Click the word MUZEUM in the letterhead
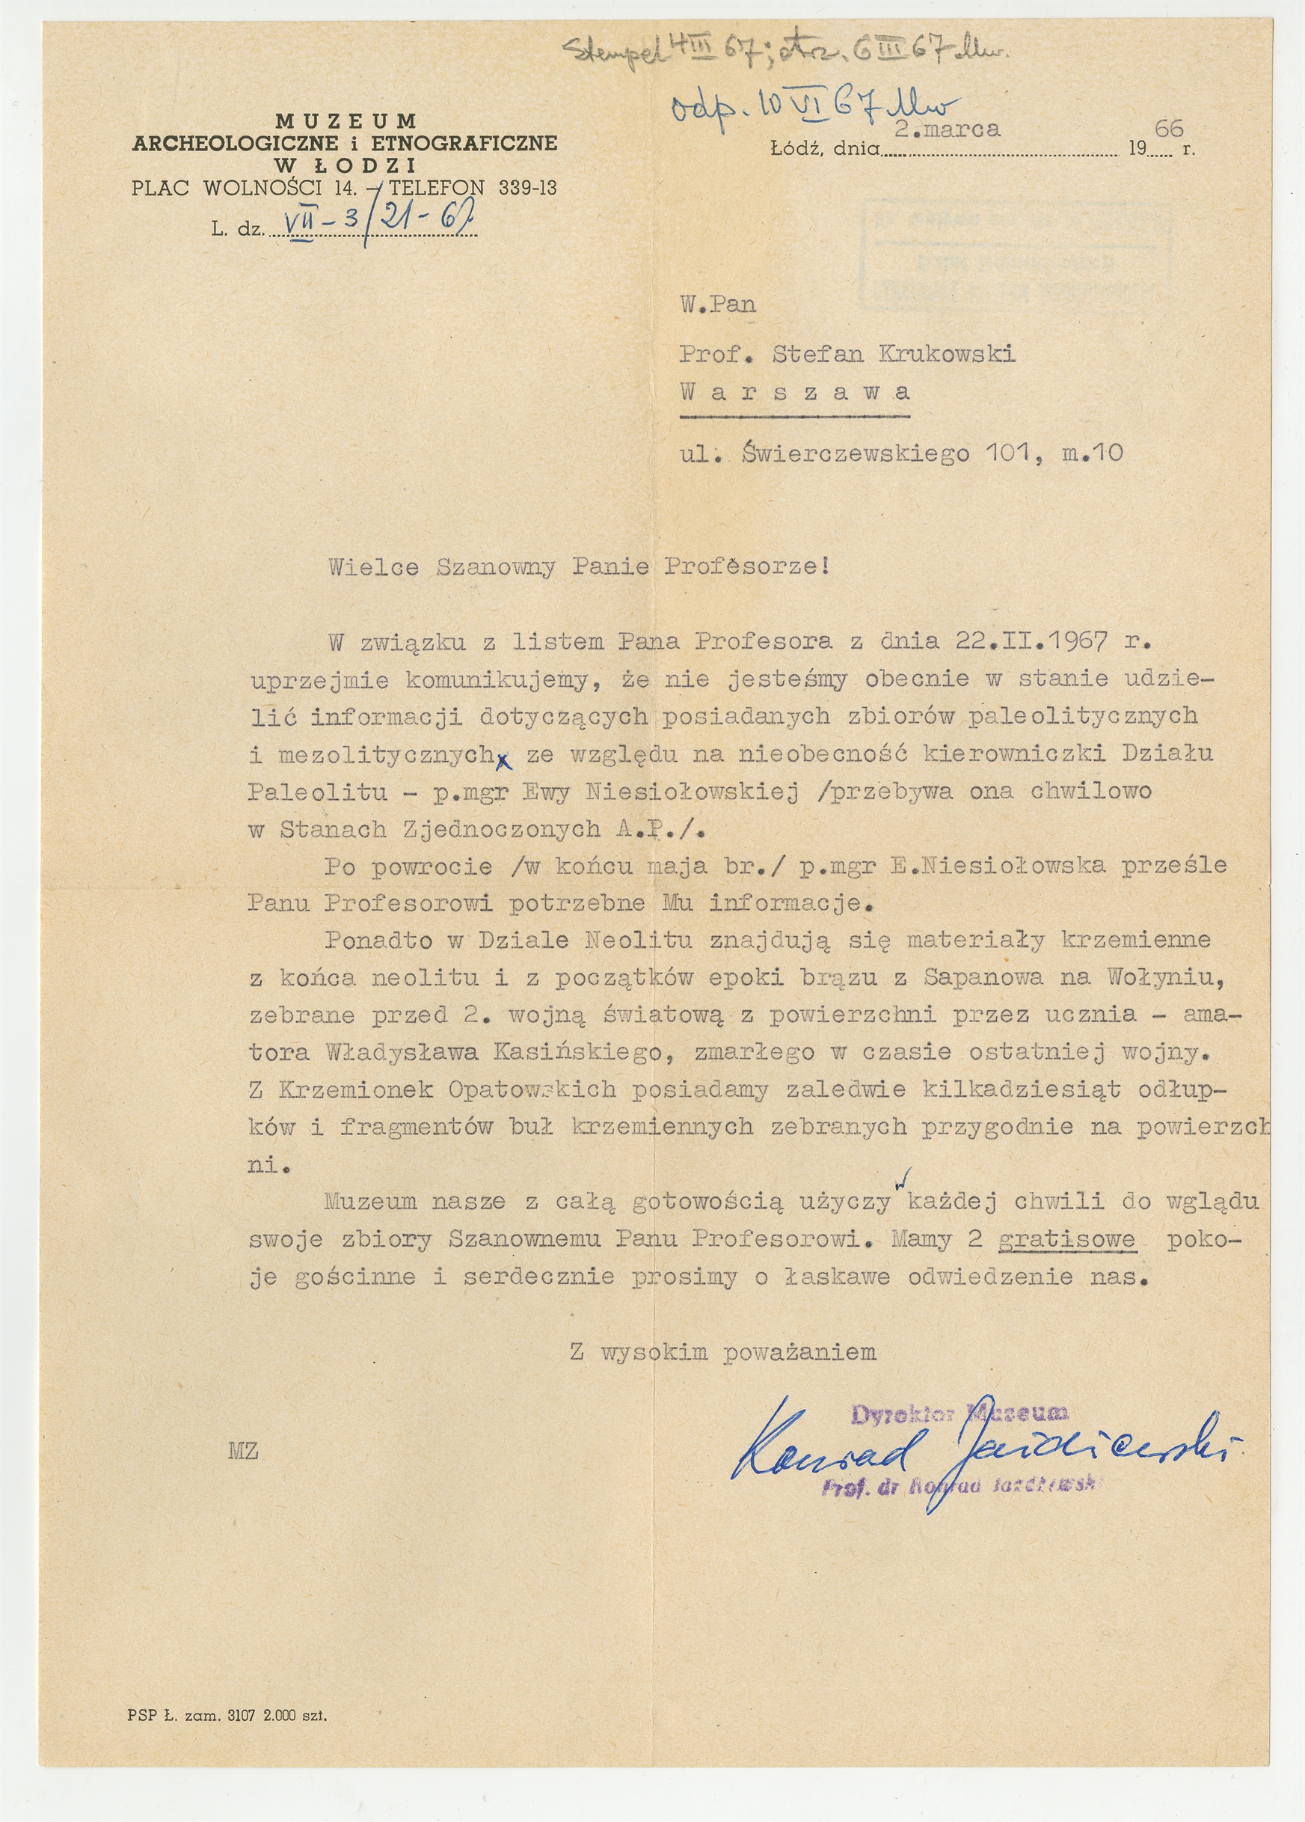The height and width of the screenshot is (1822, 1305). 346,121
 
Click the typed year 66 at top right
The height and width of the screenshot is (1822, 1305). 1168,128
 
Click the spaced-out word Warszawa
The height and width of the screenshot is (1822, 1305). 794,392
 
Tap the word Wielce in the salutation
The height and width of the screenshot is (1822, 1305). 373,567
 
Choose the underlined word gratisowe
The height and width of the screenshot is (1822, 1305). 1066,1239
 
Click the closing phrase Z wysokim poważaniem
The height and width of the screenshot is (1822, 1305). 722,1352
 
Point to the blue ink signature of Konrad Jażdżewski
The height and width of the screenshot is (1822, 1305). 983,1450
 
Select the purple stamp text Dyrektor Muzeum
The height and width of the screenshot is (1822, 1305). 959,1413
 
